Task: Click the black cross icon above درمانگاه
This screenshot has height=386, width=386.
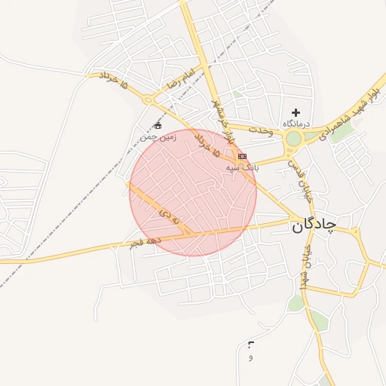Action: coord(296,112)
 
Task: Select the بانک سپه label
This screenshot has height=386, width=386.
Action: coord(243,168)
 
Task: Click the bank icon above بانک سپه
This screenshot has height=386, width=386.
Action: coord(242,156)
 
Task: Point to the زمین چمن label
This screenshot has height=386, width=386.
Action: coord(157,137)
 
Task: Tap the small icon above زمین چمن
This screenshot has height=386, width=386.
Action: coord(158,125)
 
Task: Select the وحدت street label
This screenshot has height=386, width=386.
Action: coord(257,130)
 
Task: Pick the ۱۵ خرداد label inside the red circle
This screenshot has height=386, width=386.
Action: coord(206,146)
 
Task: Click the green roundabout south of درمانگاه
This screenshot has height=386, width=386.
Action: coord(293,139)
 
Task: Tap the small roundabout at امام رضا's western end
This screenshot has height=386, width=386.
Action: coord(148,100)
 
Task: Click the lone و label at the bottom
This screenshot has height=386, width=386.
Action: coord(250,357)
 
